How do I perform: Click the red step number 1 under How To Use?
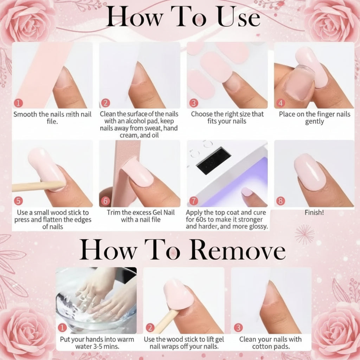tap(19, 103)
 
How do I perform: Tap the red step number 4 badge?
tap(281, 103)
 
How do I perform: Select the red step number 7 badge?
tap(193, 201)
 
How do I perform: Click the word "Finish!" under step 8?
tap(314, 213)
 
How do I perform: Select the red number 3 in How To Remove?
tap(238, 328)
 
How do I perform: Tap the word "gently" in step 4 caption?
tap(314, 121)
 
